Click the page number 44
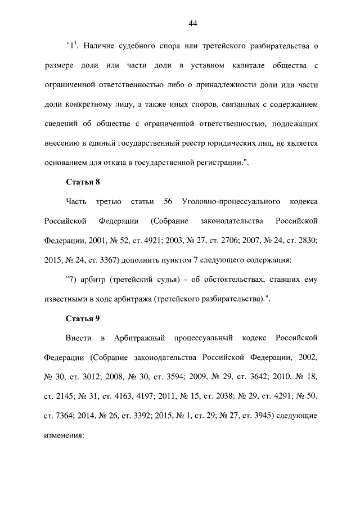click(192, 23)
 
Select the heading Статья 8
click(83, 182)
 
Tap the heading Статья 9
click(83, 318)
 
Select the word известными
click(65, 299)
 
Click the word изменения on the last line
click(63, 436)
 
